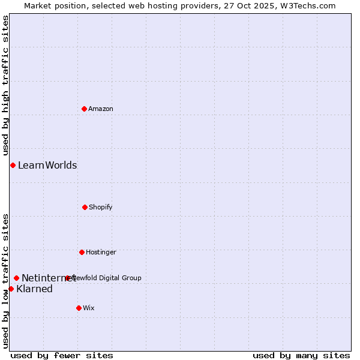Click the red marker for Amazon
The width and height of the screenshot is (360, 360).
84,109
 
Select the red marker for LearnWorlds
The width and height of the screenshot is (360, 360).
13,165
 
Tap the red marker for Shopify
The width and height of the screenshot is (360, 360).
85,207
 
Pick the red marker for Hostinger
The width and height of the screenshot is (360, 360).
82,252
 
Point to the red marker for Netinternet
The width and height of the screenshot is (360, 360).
16,278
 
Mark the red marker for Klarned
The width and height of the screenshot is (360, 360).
11,289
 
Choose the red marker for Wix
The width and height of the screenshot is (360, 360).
79,308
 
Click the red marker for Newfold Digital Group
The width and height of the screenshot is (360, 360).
67,278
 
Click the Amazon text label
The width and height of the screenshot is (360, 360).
101,109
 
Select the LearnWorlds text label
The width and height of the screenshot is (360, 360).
47,165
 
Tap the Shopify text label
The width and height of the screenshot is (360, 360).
101,207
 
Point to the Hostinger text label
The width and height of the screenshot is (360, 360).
101,252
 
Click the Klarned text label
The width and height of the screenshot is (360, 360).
34,289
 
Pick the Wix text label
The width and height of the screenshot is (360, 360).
89,308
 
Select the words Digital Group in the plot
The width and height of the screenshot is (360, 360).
120,278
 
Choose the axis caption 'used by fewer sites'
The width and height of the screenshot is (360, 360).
62,355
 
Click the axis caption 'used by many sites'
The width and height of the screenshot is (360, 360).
301,355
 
